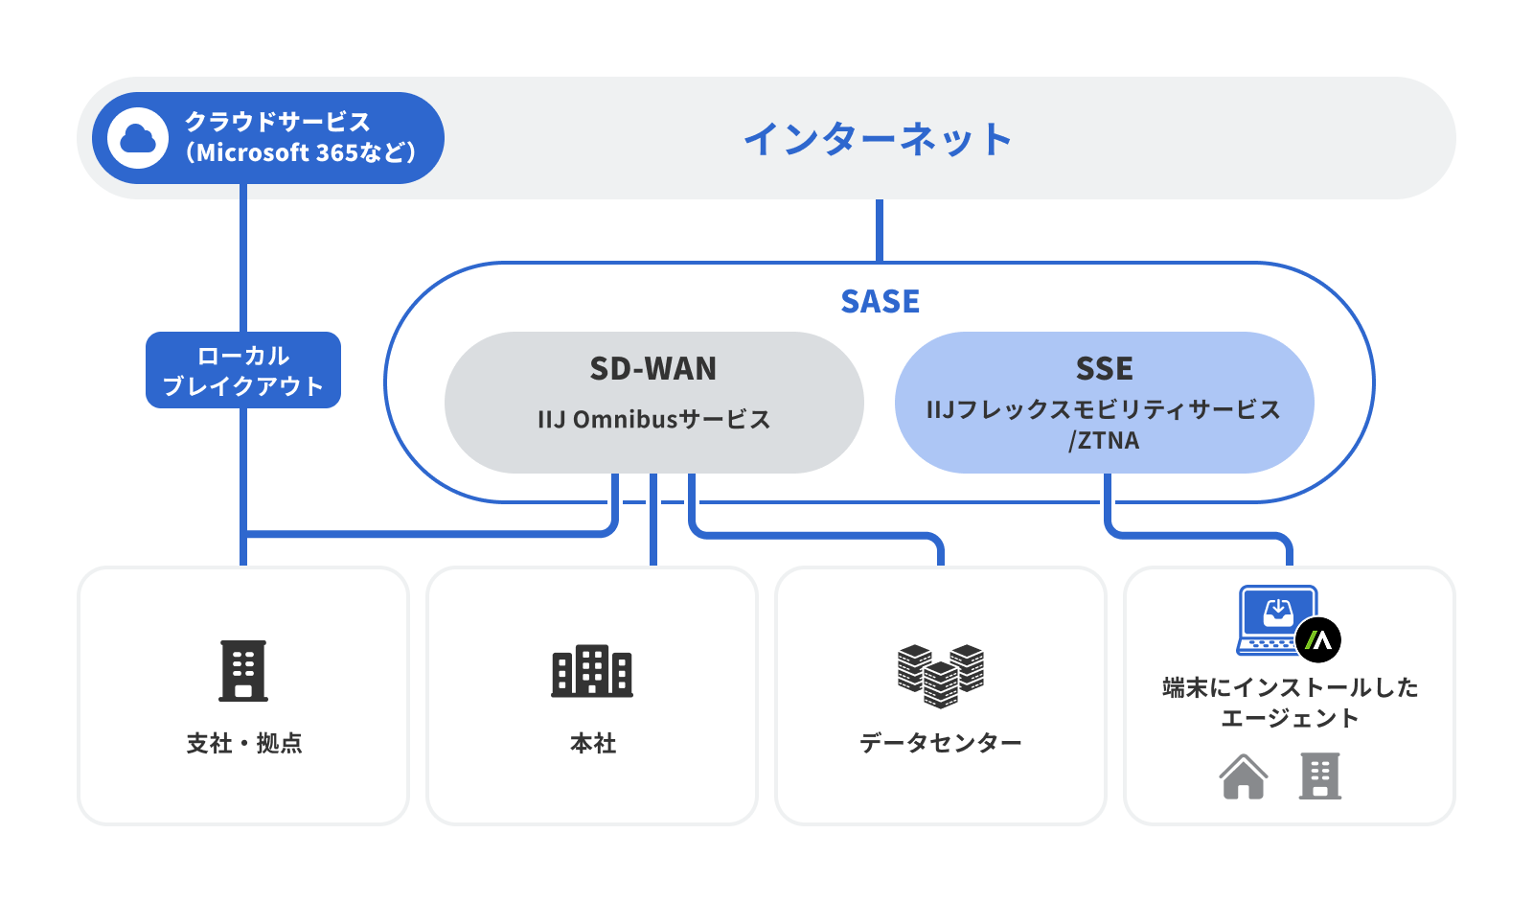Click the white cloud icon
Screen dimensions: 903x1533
point(138,138)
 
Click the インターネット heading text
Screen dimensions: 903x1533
point(878,139)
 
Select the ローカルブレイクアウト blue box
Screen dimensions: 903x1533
point(243,370)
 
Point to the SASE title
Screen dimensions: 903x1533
point(880,302)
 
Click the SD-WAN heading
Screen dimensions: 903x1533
point(653,368)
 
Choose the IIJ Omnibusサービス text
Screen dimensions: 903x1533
point(653,419)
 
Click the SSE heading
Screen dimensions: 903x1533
point(1104,368)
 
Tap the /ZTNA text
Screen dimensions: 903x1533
point(1104,441)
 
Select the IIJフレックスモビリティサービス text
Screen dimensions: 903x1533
point(1104,410)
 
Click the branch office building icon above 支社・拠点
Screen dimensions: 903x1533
point(243,670)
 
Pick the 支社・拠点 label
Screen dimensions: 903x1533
point(243,743)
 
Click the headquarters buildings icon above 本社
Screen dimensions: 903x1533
point(592,670)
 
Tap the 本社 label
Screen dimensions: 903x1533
point(592,743)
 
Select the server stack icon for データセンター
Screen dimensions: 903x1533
point(941,674)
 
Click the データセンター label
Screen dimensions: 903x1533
point(941,743)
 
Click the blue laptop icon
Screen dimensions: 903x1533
point(1276,618)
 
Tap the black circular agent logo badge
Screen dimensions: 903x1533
point(1318,640)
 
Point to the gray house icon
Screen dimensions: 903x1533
point(1243,776)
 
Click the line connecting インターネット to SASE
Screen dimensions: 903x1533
point(880,230)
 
